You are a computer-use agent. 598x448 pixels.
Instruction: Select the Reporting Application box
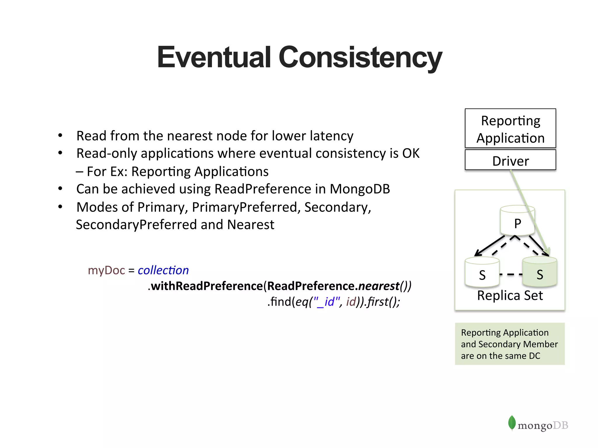coord(510,129)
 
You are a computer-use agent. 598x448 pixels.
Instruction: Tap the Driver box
coord(510,161)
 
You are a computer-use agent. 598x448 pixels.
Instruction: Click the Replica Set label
coord(510,295)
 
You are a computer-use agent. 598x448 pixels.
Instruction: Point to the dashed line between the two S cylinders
coord(511,274)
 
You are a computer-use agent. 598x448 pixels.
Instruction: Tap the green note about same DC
coord(510,344)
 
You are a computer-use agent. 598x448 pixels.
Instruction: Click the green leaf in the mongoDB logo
coord(512,423)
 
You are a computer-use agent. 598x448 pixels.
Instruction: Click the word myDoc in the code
coord(106,270)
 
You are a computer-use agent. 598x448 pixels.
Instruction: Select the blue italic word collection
coord(163,270)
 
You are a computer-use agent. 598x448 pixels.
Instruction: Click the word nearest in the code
coord(379,286)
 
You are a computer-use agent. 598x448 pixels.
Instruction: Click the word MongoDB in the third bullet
coord(360,189)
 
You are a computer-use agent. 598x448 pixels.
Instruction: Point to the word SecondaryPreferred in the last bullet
coord(136,225)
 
